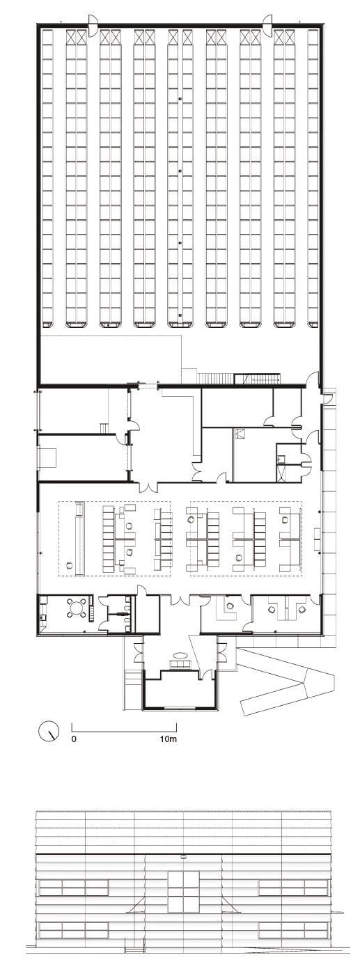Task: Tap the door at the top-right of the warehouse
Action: point(267,22)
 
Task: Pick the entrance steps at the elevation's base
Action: point(135,961)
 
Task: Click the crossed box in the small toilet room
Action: point(240,434)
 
